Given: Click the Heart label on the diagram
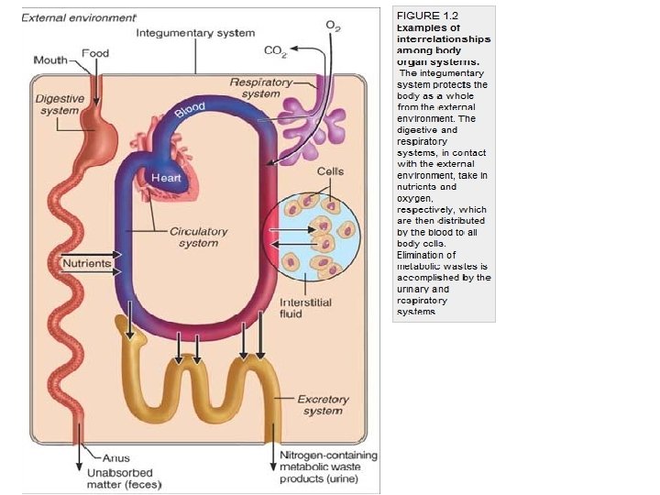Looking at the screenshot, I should [x=166, y=177].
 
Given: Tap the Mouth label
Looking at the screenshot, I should [x=50, y=60].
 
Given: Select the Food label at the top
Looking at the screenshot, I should [x=95, y=52].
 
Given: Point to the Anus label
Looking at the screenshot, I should [x=115, y=457].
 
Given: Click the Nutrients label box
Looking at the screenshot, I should [x=86, y=263].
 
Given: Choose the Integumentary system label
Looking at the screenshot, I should [x=195, y=32].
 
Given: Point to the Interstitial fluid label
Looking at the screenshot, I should [x=305, y=308].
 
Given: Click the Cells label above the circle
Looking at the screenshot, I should [x=330, y=171].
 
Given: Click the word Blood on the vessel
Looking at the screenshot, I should [x=189, y=112].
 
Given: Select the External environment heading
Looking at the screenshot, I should [x=78, y=17].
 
